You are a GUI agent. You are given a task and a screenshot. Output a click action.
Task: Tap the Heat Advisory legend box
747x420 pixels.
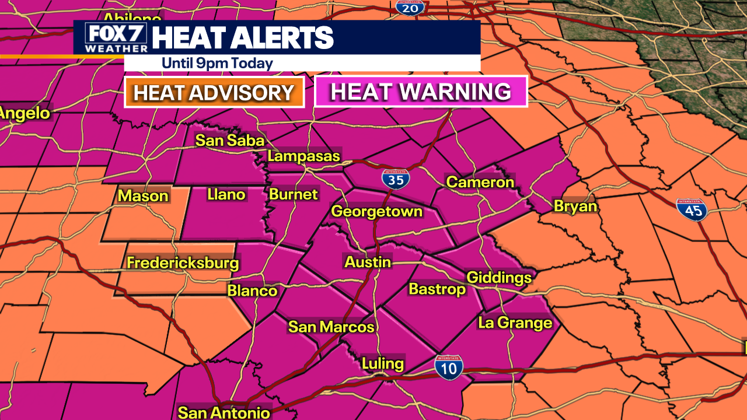pyautogui.click(x=214, y=93)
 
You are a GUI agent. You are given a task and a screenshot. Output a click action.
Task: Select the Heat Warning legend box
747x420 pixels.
pyautogui.click(x=421, y=92)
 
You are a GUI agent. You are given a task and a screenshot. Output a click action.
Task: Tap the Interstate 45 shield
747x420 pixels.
pyautogui.click(x=692, y=209)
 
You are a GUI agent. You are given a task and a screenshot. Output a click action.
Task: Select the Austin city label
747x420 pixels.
pyautogui.click(x=368, y=262)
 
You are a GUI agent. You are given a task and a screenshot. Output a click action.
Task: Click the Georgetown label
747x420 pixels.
pyautogui.click(x=376, y=211)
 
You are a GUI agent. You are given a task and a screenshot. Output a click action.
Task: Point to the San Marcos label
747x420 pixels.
pyautogui.click(x=331, y=327)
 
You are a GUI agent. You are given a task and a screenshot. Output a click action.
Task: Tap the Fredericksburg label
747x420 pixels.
pyautogui.click(x=183, y=263)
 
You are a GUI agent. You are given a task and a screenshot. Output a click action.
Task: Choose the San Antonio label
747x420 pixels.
pyautogui.click(x=224, y=412)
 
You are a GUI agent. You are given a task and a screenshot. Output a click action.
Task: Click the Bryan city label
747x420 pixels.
pyautogui.click(x=575, y=206)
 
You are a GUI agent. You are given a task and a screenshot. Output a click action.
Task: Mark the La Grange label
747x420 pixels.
pyautogui.click(x=515, y=323)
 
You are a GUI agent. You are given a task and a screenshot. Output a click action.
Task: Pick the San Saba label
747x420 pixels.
pyautogui.click(x=230, y=141)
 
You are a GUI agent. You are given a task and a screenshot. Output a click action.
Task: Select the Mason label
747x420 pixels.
pyautogui.click(x=143, y=196)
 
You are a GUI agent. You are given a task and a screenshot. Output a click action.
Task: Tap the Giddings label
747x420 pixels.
pyautogui.click(x=499, y=277)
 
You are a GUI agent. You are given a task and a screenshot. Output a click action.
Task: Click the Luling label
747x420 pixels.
pyautogui.click(x=382, y=364)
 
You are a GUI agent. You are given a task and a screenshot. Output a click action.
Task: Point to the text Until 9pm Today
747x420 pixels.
pyautogui.click(x=217, y=63)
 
